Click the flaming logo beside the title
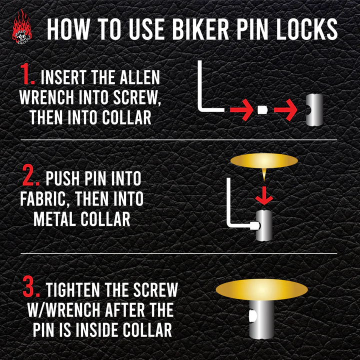click(22, 27)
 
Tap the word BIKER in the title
click(200, 29)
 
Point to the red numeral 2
click(30, 175)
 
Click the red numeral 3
click(31, 287)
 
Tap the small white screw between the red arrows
click(263, 110)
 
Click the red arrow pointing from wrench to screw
click(241, 110)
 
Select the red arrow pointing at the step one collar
click(285, 110)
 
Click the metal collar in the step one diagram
click(314, 110)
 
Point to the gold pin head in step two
click(264, 160)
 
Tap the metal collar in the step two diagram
click(264, 225)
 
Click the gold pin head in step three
click(261, 289)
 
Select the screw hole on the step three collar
click(252, 316)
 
